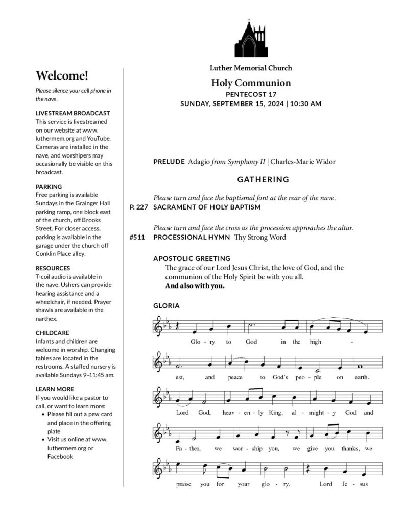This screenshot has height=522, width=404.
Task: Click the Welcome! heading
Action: pyautogui.click(x=62, y=76)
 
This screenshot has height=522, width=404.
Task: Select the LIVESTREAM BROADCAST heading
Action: pyautogui.click(x=73, y=113)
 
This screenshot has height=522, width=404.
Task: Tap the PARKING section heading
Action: pyautogui.click(x=49, y=187)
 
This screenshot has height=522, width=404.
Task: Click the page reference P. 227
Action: pyautogui.click(x=138, y=207)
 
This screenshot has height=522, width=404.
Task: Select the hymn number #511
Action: pyautogui.click(x=138, y=237)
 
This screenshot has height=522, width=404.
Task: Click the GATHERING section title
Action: pyautogui.click(x=263, y=179)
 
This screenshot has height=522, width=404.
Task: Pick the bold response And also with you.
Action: pyautogui.click(x=195, y=285)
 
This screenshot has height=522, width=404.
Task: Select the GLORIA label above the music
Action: pyautogui.click(x=167, y=306)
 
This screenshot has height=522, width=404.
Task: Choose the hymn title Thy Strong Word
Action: pyautogui.click(x=260, y=237)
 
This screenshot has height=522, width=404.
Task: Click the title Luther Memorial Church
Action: pyautogui.click(x=251, y=68)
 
